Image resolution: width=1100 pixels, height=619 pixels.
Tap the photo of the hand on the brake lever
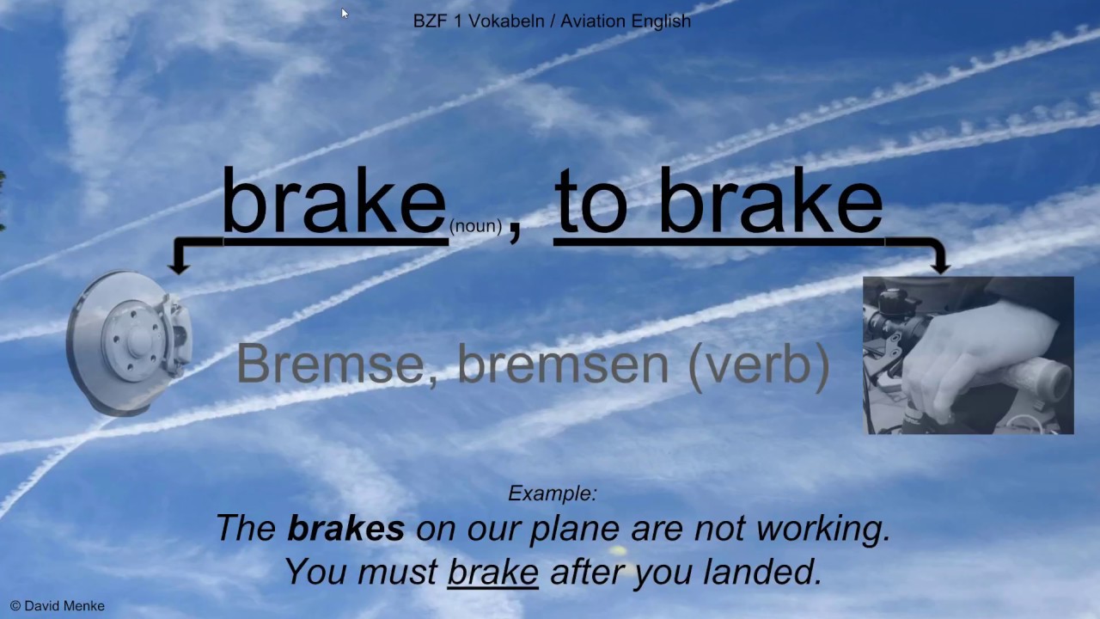[968, 355]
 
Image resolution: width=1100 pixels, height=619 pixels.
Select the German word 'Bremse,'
[330, 364]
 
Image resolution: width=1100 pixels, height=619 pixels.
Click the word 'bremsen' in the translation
[563, 364]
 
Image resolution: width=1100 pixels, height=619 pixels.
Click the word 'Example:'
[552, 493]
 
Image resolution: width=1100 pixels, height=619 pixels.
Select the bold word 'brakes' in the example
[345, 529]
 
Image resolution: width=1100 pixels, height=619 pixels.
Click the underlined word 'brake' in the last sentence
[492, 572]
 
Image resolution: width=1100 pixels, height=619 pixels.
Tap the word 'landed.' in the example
[775, 572]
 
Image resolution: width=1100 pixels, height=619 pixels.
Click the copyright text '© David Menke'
[58, 606]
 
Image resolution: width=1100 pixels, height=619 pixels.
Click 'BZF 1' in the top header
[438, 21]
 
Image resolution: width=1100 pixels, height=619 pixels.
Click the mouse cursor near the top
[344, 13]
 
